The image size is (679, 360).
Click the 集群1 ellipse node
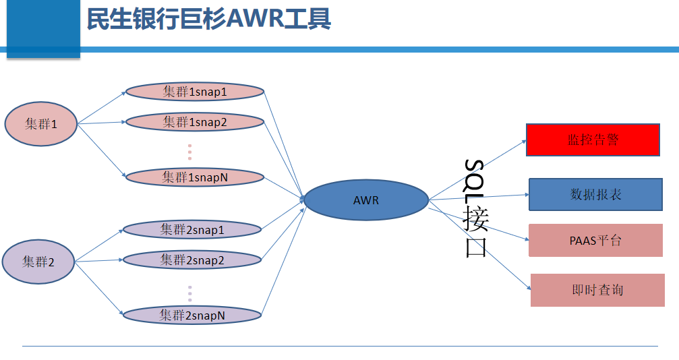click(41, 123)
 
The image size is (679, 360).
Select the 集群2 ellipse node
click(38, 262)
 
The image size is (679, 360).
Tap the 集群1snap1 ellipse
click(194, 92)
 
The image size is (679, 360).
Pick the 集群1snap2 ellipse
click(194, 122)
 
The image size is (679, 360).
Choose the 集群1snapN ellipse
click(194, 177)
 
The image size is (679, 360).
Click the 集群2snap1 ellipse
click(191, 230)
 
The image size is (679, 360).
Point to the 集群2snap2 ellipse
click(191, 260)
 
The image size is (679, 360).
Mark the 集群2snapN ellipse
click(191, 314)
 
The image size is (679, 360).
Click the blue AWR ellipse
click(366, 200)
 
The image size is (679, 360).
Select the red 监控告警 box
click(593, 140)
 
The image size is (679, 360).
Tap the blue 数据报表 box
click(595, 194)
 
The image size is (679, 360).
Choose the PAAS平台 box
click(595, 240)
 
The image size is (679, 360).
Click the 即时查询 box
click(597, 290)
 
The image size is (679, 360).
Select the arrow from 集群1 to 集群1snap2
click(101, 123)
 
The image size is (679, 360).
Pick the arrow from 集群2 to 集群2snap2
click(98, 260)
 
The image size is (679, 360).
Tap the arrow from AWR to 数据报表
click(479, 197)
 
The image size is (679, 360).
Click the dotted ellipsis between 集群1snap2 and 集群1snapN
click(190, 152)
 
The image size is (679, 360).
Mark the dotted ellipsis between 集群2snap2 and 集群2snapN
click(190, 293)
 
